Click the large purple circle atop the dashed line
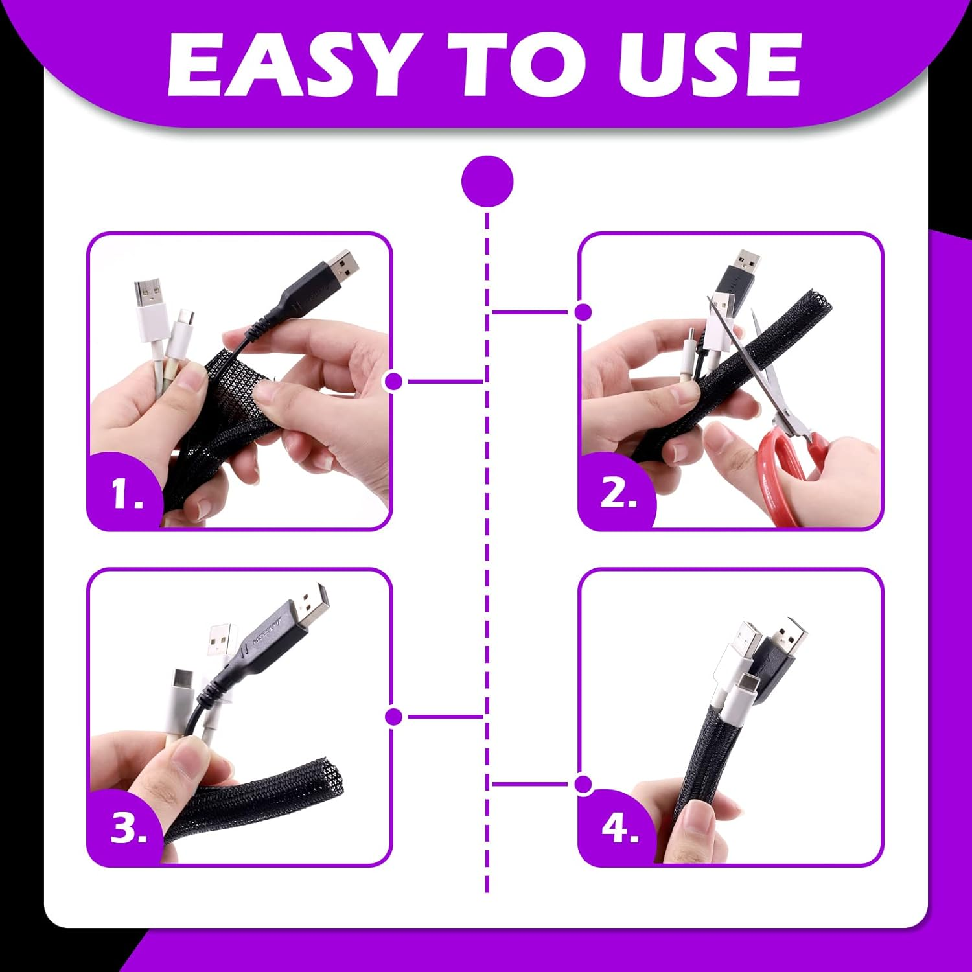(487, 181)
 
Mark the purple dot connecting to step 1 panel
(393, 381)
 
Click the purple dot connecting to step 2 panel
(583, 312)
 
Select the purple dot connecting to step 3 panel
(393, 717)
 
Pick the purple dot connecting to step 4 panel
(583, 784)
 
